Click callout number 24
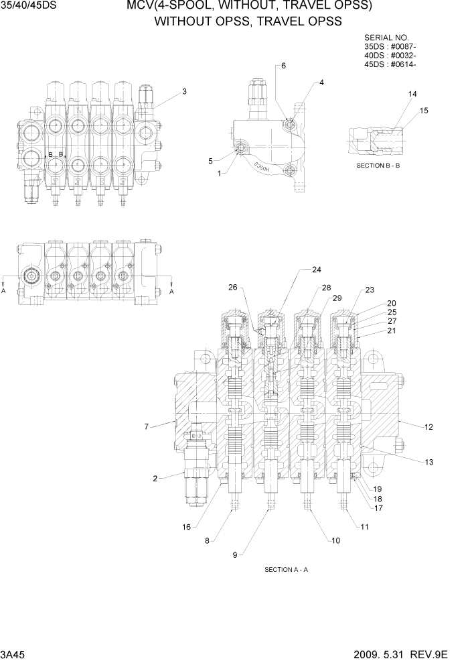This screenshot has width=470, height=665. (x=317, y=270)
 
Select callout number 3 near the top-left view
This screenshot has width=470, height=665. (x=184, y=92)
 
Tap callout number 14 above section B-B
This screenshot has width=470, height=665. (x=412, y=95)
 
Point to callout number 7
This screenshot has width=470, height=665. (x=146, y=426)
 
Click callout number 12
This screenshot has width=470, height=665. (x=429, y=426)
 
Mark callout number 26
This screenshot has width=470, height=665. (x=232, y=288)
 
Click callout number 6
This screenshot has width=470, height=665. (x=283, y=66)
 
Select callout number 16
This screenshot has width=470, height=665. (x=187, y=526)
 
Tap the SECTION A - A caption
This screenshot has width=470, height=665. (x=286, y=570)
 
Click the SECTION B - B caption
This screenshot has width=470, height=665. (x=378, y=165)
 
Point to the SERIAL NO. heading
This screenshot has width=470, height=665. (x=386, y=38)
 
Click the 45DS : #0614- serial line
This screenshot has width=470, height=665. (x=390, y=65)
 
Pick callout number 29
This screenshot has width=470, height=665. (x=337, y=298)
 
